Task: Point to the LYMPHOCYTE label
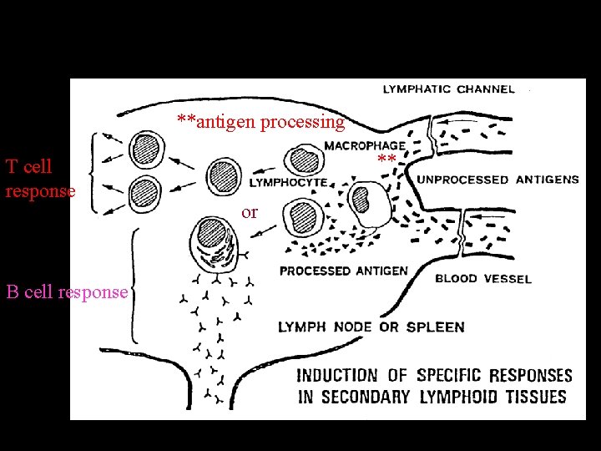pos(289,181)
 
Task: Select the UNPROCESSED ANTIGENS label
pos(498,180)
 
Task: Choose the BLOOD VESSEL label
pos(483,278)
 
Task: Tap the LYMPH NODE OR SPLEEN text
pos(371,327)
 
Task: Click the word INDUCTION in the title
pos(337,376)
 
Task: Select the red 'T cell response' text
pos(40,179)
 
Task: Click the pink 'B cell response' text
pos(67,292)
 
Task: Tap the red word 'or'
pos(250,212)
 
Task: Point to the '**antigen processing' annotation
pos(260,123)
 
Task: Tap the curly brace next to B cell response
pos(134,286)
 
